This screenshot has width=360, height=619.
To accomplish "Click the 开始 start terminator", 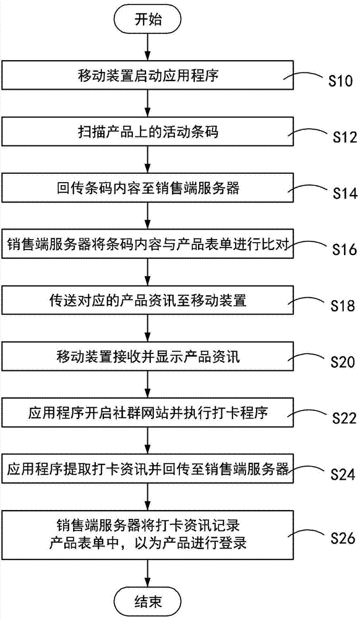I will tap(147, 19).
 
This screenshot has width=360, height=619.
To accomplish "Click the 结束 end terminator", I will tap(147, 599).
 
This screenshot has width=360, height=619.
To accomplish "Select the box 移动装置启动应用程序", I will tap(147, 77).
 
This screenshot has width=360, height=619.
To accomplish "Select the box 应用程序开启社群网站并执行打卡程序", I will tap(147, 412).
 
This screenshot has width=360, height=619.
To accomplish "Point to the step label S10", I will tap(340, 81).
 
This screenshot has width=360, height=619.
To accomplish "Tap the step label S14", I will tap(340, 194).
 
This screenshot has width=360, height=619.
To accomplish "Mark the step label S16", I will tap(340, 250).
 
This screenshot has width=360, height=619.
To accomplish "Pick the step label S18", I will tap(340, 306).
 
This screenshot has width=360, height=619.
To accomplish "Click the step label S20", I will tap(340, 360).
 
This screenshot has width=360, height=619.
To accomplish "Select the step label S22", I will tap(340, 418).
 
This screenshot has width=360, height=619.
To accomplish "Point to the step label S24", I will tap(340, 475).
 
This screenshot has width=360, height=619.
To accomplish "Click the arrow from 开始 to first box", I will tap(147, 46).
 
